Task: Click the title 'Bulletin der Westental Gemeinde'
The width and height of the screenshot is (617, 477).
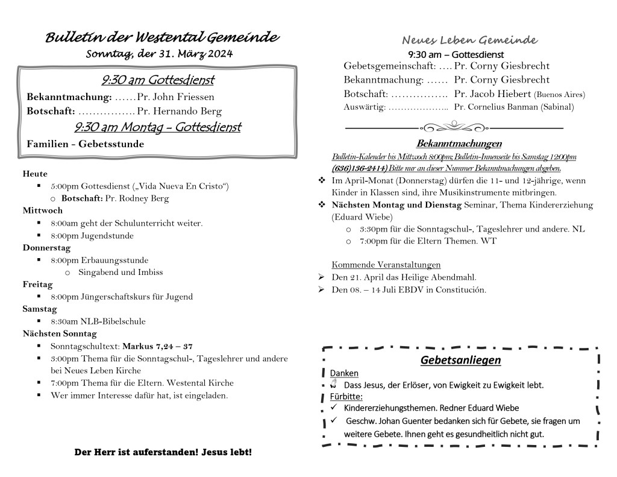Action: [x=162, y=38]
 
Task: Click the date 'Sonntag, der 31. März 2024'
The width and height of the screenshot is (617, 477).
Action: [x=159, y=54]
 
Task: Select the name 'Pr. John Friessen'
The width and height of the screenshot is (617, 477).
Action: [x=175, y=96]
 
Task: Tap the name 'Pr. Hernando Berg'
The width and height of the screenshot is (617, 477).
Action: [x=179, y=111]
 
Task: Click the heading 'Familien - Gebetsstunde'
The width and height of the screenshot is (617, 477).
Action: [x=86, y=144]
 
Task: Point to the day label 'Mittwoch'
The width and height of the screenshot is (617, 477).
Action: [x=43, y=210]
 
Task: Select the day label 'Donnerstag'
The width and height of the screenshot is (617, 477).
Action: [x=46, y=248]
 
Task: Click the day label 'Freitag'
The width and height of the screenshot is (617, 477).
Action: [x=38, y=284]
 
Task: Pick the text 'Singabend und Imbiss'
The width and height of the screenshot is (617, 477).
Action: [x=121, y=272]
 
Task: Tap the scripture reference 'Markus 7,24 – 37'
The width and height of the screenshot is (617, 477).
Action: [x=157, y=346]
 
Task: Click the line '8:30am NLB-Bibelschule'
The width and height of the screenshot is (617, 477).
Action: [x=98, y=321]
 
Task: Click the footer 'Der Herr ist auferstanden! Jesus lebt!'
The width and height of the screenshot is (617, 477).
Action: [x=163, y=452]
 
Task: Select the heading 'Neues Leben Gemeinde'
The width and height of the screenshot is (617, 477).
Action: [x=469, y=40]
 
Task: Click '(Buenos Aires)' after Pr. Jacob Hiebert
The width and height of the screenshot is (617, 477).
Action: [x=559, y=95]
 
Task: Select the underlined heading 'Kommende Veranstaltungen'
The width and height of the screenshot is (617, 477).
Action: [x=386, y=265]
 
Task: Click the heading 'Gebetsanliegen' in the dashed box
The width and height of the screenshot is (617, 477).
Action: [x=461, y=360]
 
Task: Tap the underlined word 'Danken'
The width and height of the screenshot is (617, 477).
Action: [x=344, y=373]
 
